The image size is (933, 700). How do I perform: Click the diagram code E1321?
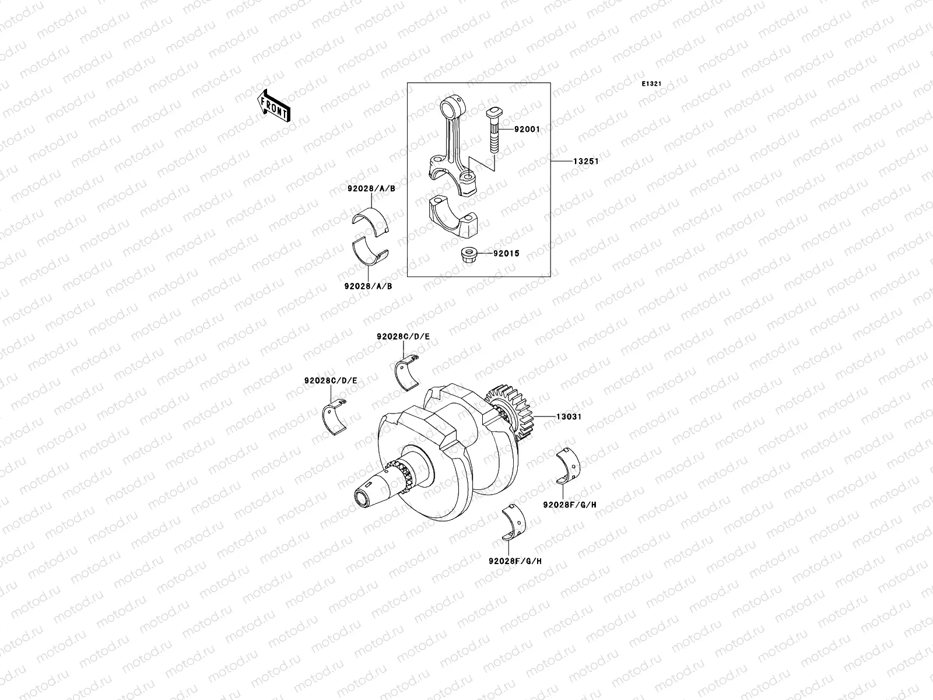click(x=651, y=84)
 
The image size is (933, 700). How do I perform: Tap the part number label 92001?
click(x=527, y=129)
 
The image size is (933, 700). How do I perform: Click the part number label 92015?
click(x=506, y=254)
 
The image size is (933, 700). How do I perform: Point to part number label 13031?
click(x=569, y=417)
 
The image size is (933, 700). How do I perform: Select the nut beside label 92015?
click(x=469, y=255)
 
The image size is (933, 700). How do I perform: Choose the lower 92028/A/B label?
click(x=368, y=286)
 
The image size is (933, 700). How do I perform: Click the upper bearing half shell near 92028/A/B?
click(x=371, y=223)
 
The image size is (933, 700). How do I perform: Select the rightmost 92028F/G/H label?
click(x=570, y=505)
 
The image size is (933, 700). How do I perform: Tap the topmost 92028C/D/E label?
click(x=403, y=337)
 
